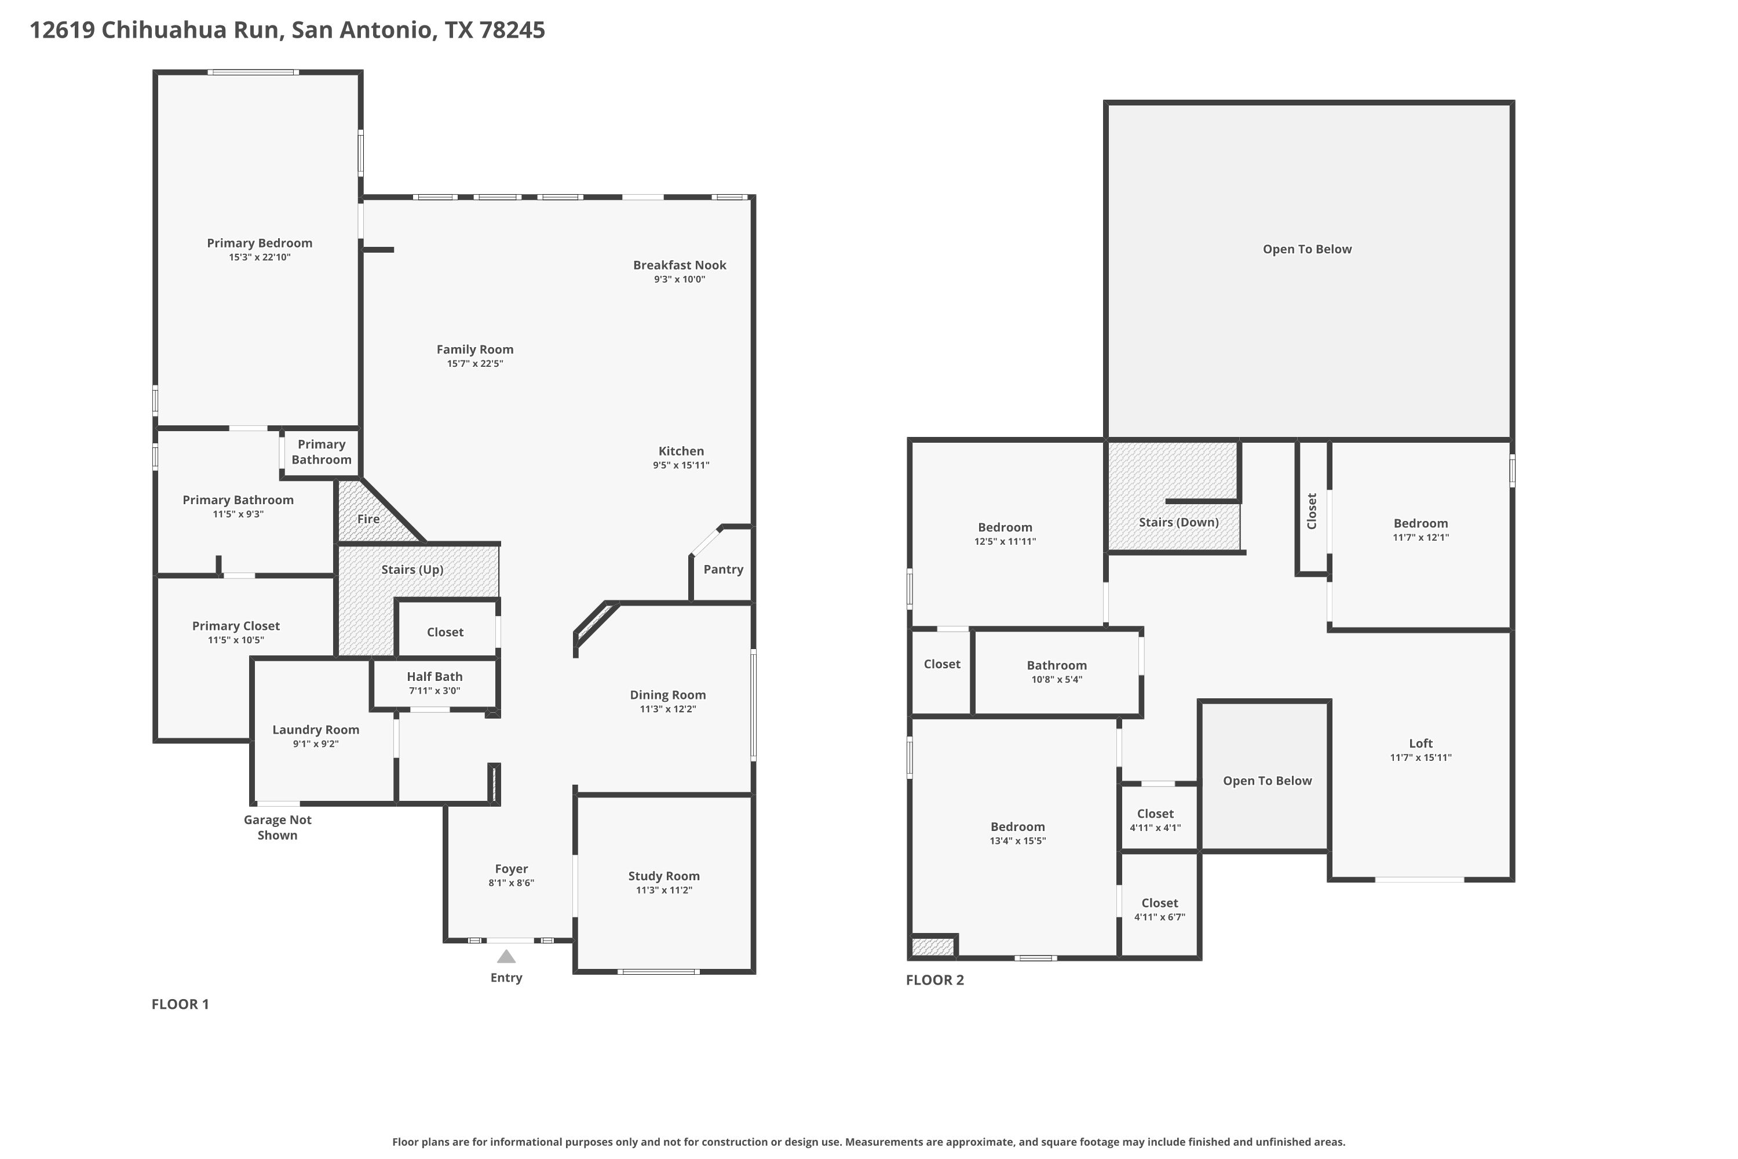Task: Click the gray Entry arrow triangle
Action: [x=506, y=957]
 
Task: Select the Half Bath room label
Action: [x=434, y=676]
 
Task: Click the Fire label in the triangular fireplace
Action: [x=368, y=519]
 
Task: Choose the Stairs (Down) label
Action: [x=1178, y=522]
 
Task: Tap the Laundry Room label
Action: [x=316, y=730]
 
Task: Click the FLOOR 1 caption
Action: [x=180, y=1004]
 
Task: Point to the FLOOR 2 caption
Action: [x=935, y=979]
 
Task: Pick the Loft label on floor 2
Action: [x=1421, y=743]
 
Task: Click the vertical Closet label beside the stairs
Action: [x=1312, y=511]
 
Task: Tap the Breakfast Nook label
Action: [x=679, y=265]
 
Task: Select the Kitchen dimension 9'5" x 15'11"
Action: [x=681, y=465]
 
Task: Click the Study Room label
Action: [x=663, y=876]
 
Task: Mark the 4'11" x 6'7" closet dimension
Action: [x=1159, y=917]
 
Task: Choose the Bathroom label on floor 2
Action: [x=1057, y=665]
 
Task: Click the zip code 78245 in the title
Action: [x=512, y=30]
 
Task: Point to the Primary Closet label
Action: [x=236, y=625]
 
